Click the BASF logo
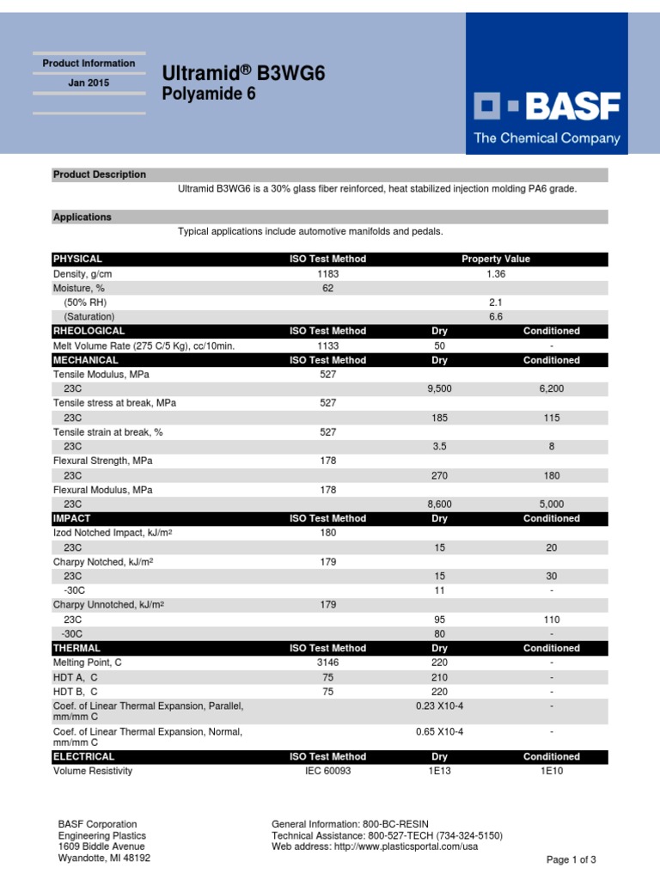(x=547, y=107)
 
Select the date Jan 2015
(x=89, y=83)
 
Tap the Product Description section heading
(x=100, y=174)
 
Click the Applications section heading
(x=82, y=217)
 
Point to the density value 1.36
(x=495, y=273)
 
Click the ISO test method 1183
(x=327, y=273)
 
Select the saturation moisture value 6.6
(x=495, y=316)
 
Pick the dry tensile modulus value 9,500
(x=439, y=388)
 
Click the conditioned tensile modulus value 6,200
(x=551, y=388)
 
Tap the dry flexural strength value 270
(x=439, y=475)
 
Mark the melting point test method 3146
(x=327, y=663)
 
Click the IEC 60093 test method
(x=327, y=771)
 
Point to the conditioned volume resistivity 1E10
(x=551, y=771)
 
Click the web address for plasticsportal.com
(x=375, y=846)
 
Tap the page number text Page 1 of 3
(x=571, y=859)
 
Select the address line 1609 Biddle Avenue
(x=101, y=846)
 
